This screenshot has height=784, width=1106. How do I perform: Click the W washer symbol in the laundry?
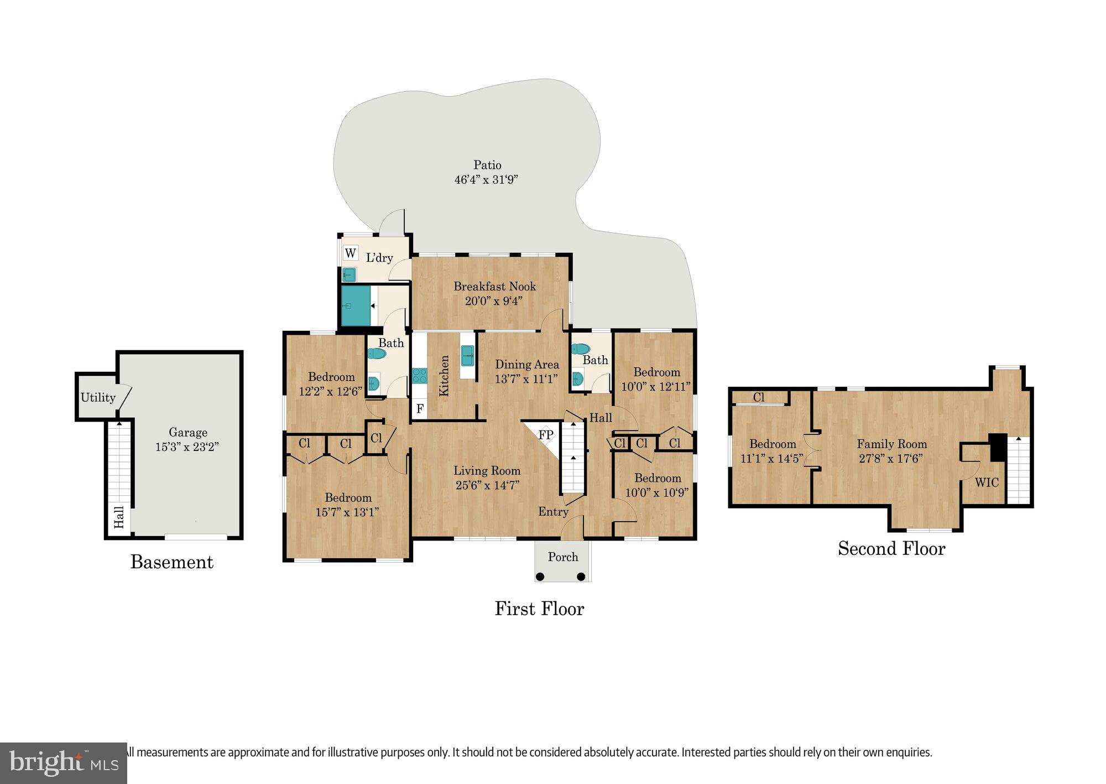click(x=351, y=253)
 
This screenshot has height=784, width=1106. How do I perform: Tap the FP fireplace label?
click(x=546, y=435)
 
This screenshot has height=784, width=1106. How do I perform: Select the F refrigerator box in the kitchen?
click(x=420, y=409)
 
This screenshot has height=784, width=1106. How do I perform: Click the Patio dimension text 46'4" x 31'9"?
click(x=486, y=179)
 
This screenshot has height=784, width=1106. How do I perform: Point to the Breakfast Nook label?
click(x=494, y=286)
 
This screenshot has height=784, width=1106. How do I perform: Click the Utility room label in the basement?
click(x=98, y=397)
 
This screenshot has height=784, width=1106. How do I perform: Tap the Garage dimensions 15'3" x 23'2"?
click(x=187, y=447)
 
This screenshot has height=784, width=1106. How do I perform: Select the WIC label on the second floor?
click(x=987, y=482)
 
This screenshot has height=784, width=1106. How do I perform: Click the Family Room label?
click(x=891, y=444)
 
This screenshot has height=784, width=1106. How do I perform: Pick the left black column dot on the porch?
click(x=540, y=577)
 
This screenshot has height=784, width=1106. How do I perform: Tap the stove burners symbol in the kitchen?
click(x=419, y=376)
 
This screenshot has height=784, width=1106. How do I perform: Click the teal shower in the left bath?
click(x=356, y=305)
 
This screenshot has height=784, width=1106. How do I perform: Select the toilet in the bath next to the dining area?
click(x=580, y=349)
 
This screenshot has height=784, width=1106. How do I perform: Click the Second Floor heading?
click(x=891, y=548)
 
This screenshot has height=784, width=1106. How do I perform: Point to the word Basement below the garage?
click(x=171, y=562)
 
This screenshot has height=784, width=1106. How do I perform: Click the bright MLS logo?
click(x=63, y=763)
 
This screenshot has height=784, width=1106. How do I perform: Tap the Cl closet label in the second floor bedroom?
click(x=759, y=397)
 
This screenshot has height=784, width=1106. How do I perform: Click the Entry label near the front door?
click(x=553, y=511)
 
